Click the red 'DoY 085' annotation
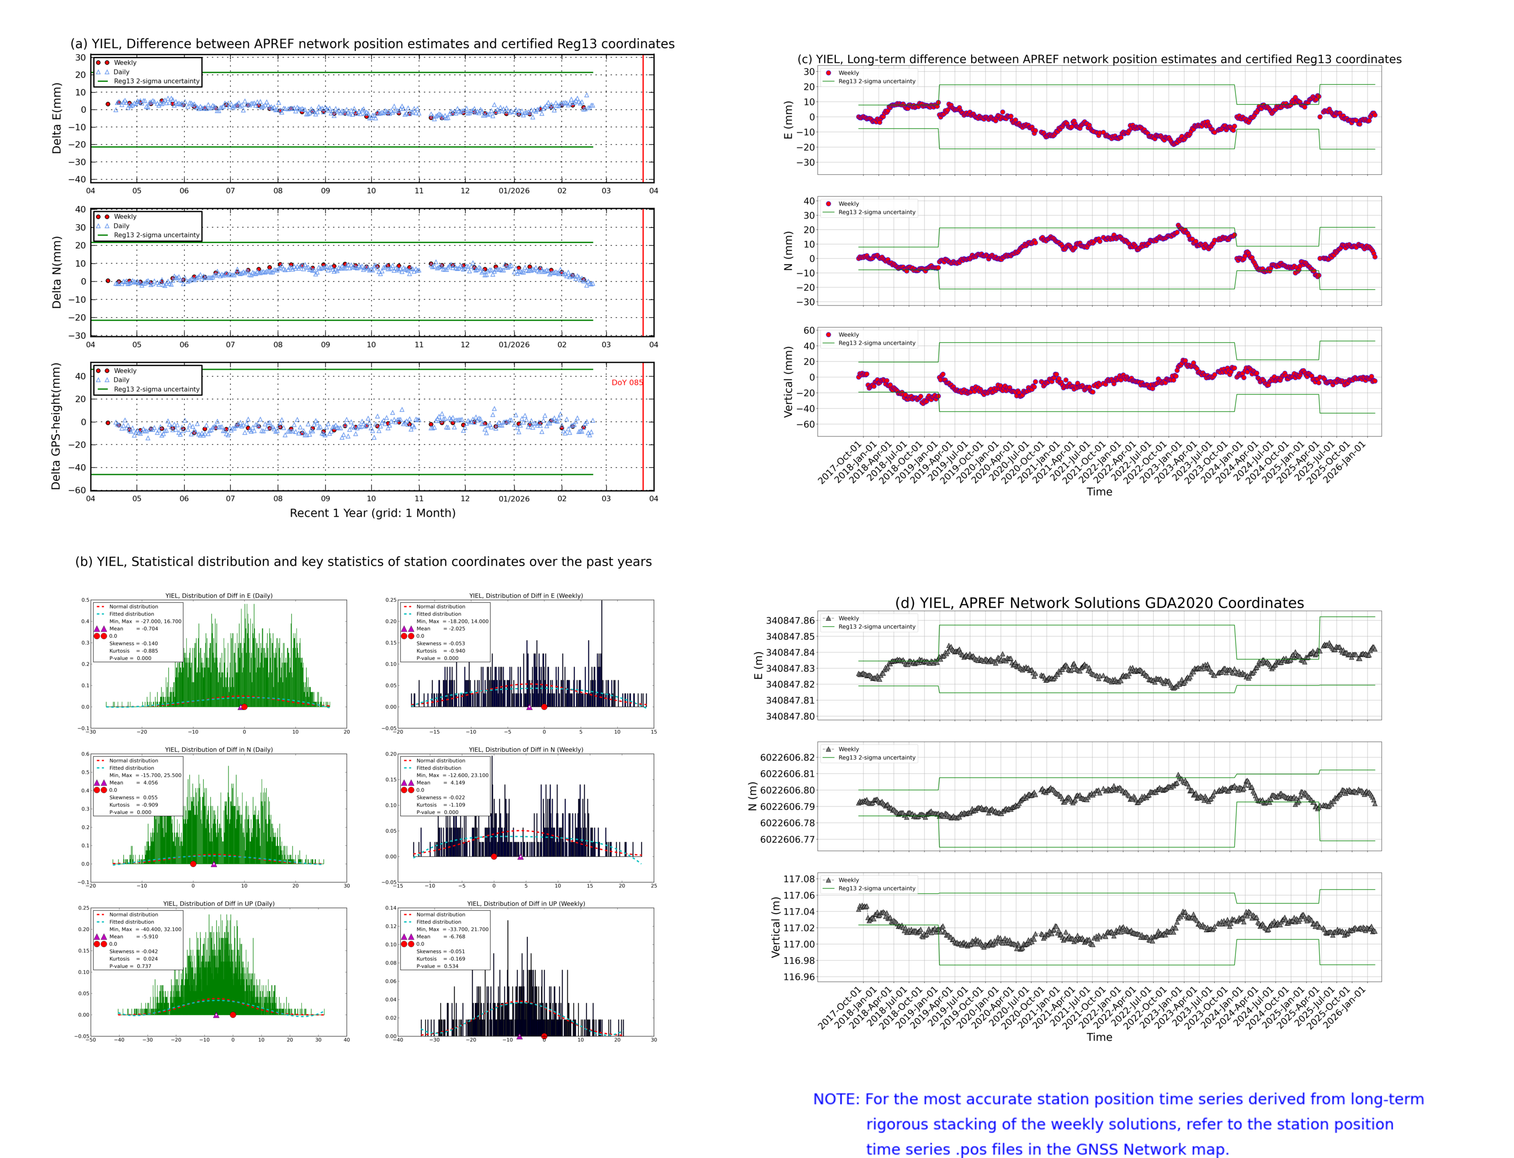point(626,383)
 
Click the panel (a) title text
point(372,44)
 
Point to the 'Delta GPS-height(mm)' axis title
point(56,426)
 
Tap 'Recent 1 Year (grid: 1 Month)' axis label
point(372,513)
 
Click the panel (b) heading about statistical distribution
point(363,562)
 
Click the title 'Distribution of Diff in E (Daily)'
point(219,595)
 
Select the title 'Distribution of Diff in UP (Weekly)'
point(525,903)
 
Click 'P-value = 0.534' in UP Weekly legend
point(437,967)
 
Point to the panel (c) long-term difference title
point(1099,59)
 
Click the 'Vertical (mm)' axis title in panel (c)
point(788,382)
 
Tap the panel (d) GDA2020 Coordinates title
point(1099,603)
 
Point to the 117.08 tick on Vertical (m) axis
point(798,879)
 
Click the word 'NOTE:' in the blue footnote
point(836,1099)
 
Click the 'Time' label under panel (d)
point(1099,1037)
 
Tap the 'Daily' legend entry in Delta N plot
point(121,226)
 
